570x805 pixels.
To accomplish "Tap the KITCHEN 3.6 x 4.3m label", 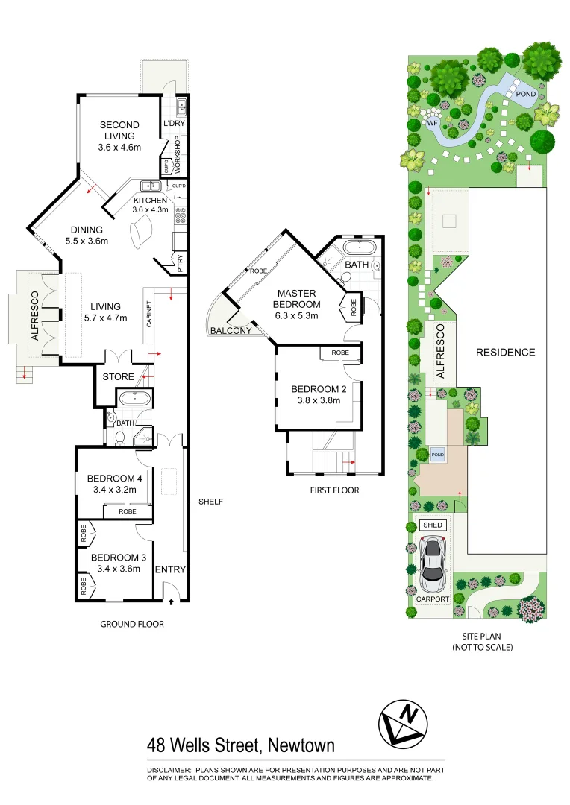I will pos(151,205).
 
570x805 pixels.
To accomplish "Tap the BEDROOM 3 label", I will pos(114,563).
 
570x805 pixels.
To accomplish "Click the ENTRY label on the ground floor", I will pos(169,570).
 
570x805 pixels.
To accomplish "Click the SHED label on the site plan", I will pos(433,525).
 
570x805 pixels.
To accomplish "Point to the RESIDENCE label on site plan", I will pos(506,353).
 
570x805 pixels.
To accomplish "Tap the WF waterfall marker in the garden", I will pos(431,122).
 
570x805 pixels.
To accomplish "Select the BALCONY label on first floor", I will pos(231,331).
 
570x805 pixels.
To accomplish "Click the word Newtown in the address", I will pos(296,745).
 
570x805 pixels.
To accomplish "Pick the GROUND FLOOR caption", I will pos(132,625).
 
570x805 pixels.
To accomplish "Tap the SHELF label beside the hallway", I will pos(210,502).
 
